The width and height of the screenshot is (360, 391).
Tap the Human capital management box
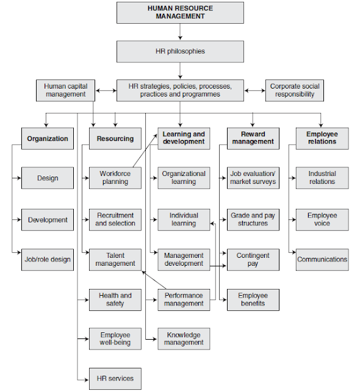click(65, 90)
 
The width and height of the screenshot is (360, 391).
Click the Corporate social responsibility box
click(293, 90)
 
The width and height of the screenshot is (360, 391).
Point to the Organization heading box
click(48, 139)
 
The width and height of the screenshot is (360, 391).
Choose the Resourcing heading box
click(115, 139)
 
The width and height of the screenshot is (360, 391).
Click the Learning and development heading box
click(184, 138)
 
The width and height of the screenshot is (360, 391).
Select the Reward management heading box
click(253, 138)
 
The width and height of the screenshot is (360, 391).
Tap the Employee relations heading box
click(322, 138)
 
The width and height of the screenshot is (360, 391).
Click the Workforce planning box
click(115, 178)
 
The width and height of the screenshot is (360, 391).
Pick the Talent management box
click(115, 259)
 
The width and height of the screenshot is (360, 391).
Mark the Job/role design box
click(48, 259)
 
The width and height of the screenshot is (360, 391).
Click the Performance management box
click(184, 299)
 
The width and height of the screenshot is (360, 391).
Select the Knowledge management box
click(184, 338)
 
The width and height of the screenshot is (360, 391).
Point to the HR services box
click(115, 378)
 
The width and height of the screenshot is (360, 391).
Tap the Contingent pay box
click(253, 259)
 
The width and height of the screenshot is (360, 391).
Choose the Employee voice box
click(322, 219)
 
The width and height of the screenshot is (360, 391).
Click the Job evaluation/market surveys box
click(253, 178)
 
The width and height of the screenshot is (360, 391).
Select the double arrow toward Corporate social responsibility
click(254, 90)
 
